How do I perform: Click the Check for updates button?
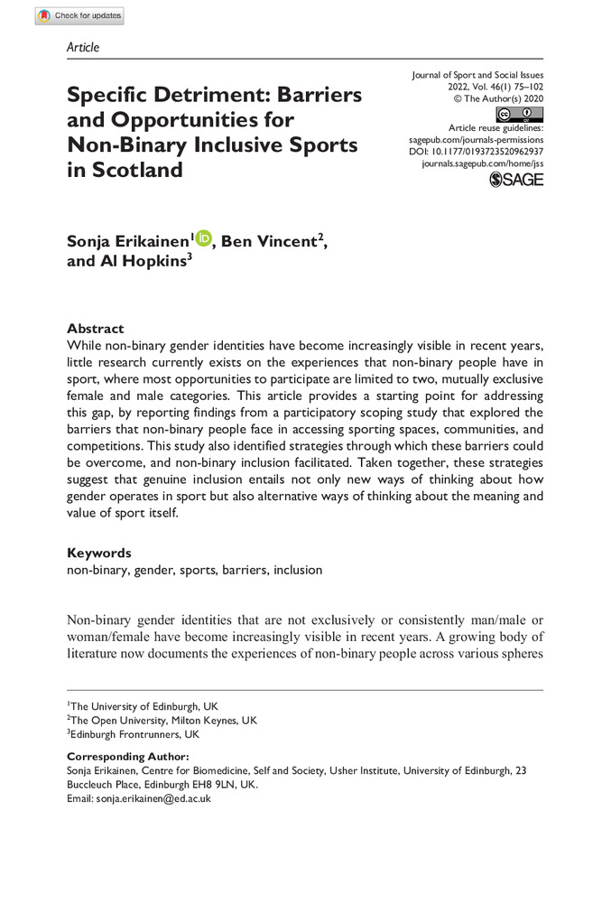(x=79, y=15)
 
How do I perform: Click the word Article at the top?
(x=83, y=47)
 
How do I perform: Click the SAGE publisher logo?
(x=516, y=180)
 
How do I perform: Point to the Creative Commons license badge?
(x=519, y=115)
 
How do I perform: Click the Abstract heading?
(x=96, y=329)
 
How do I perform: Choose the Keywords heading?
(x=99, y=553)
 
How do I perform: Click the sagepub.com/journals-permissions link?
(x=470, y=141)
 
